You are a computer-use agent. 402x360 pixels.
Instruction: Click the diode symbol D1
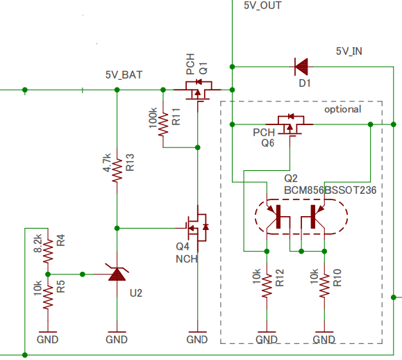tap(301, 67)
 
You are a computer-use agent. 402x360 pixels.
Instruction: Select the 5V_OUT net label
tap(262, 6)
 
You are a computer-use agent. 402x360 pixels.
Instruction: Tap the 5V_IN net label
tap(349, 51)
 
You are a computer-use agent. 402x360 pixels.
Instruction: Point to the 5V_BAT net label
tap(124, 75)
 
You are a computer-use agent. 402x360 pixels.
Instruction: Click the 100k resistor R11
tap(163, 124)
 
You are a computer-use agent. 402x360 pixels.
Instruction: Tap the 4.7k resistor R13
tap(117, 171)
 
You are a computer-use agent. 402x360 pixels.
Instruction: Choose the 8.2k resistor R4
tap(48, 251)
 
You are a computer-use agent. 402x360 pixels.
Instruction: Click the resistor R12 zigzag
tap(267, 286)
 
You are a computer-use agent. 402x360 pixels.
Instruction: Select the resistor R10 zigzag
tap(324, 286)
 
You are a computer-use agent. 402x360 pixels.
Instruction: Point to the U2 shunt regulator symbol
tap(117, 275)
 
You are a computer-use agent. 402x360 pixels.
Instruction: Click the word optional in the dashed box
tap(343, 110)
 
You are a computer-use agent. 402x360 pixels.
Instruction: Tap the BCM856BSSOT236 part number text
tap(330, 190)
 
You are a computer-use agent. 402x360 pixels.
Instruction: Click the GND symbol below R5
tap(48, 336)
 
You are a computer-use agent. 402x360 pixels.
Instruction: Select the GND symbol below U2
tap(117, 336)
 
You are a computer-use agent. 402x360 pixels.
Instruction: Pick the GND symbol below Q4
tap(197, 336)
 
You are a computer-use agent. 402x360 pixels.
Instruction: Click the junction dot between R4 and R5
tap(48, 275)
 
